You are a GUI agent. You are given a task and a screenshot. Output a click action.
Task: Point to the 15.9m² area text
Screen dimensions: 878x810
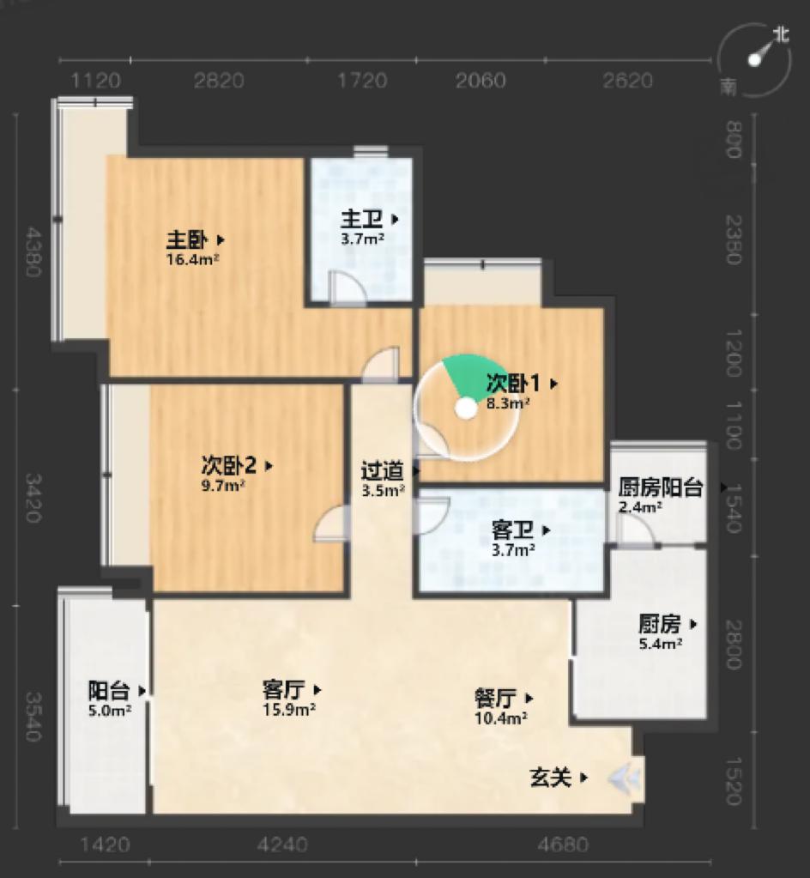tap(289, 709)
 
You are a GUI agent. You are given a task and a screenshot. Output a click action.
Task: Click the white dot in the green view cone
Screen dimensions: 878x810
tap(466, 410)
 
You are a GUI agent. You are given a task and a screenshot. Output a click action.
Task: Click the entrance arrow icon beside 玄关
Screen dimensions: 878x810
tap(626, 778)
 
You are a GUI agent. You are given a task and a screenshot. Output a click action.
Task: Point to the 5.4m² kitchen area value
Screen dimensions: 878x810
tap(661, 642)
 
